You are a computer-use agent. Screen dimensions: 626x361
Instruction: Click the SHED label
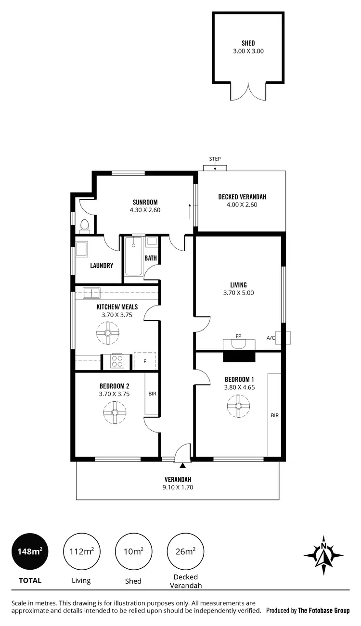248,43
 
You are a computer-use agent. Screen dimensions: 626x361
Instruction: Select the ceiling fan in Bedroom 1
238,406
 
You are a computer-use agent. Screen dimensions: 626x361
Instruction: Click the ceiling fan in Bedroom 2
115,412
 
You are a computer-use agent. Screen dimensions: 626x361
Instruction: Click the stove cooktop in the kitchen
117,361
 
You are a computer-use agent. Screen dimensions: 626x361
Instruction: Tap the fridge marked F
144,361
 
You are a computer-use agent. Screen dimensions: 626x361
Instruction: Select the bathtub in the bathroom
133,256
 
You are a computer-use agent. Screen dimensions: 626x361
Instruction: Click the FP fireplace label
238,336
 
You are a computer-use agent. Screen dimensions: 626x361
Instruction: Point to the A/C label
271,338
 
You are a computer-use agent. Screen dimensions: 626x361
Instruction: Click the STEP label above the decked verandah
215,159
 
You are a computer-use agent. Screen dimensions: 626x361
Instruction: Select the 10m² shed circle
133,551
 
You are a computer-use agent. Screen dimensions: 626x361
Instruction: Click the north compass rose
324,555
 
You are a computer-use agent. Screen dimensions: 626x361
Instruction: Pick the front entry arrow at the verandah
182,465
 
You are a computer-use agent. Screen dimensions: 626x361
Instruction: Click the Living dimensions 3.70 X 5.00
238,293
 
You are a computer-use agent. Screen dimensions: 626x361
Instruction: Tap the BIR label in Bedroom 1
274,415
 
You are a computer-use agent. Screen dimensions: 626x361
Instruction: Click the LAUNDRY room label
102,266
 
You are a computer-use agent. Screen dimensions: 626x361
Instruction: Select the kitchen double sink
91,292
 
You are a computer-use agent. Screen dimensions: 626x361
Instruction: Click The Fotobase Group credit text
323,611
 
